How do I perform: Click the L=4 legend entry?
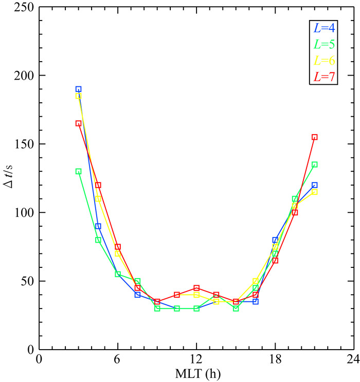click(x=324, y=28)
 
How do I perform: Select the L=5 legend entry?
click(x=324, y=44)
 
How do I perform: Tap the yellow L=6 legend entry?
click(x=324, y=61)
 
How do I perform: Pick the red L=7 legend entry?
click(x=324, y=77)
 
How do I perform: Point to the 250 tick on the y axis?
click(x=24, y=7)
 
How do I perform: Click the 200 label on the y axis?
click(x=24, y=76)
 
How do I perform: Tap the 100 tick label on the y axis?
click(x=24, y=213)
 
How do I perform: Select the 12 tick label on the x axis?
click(x=196, y=359)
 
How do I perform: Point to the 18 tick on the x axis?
click(x=275, y=359)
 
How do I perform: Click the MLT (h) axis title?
click(x=197, y=374)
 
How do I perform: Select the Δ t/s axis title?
click(x=8, y=176)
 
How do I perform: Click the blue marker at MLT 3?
click(x=78, y=89)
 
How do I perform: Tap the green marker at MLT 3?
click(x=78, y=172)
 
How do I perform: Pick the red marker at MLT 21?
click(x=314, y=137)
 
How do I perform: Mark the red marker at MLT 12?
click(x=196, y=288)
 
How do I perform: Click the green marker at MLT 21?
click(x=314, y=165)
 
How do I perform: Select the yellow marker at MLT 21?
click(x=314, y=192)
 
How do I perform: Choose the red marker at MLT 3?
click(x=78, y=123)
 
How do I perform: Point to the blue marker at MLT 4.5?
click(x=98, y=226)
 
